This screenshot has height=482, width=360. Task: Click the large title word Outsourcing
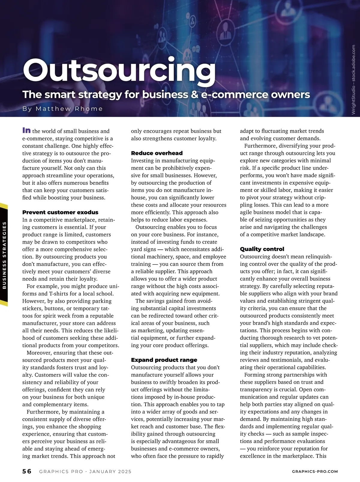click(119, 71)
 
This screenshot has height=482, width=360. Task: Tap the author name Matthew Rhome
click(69, 109)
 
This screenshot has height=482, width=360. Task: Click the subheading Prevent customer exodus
click(60, 212)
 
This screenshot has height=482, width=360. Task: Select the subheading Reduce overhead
click(157, 153)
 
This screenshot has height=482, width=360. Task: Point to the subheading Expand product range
click(164, 360)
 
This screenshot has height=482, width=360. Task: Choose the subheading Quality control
click(262, 249)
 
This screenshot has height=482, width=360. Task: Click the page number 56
click(27, 471)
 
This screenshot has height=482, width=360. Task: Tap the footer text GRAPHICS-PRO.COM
click(315, 471)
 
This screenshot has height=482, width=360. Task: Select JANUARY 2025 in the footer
click(110, 471)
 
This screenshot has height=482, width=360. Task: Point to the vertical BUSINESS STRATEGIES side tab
click(4, 255)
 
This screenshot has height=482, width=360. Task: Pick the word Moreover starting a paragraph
click(39, 353)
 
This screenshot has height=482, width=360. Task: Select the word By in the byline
click(27, 109)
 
